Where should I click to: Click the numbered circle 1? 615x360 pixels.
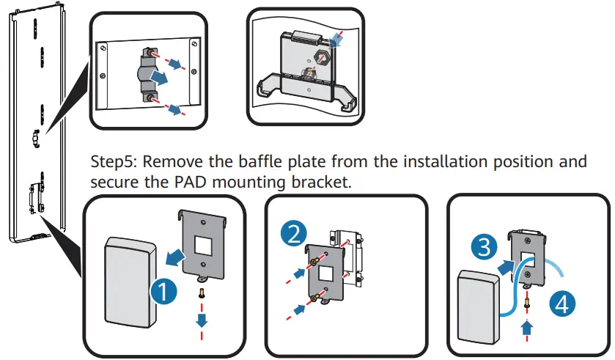click(x=165, y=292)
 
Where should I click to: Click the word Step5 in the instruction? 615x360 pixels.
click(x=113, y=161)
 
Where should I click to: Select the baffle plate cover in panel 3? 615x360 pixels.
click(x=480, y=307)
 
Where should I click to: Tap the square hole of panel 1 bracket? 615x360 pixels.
click(x=203, y=246)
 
